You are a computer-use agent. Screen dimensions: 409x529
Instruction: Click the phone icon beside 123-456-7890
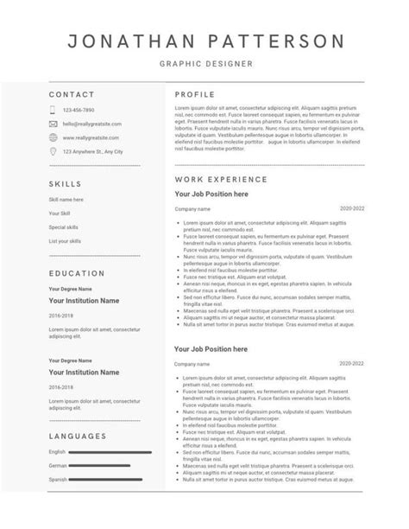[53, 110]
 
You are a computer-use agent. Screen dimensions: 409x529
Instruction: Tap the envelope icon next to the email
[53, 124]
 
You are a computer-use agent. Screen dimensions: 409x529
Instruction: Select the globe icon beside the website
[53, 137]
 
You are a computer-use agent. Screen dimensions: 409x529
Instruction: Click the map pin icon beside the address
[53, 151]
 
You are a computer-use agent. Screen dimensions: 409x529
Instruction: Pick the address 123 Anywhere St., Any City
[93, 151]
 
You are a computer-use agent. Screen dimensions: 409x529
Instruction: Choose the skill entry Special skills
[64, 226]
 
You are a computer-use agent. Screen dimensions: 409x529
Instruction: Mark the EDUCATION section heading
[77, 273]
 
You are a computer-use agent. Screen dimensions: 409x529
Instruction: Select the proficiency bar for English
[110, 452]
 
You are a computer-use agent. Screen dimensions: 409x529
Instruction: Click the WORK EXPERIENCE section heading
[221, 178]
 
